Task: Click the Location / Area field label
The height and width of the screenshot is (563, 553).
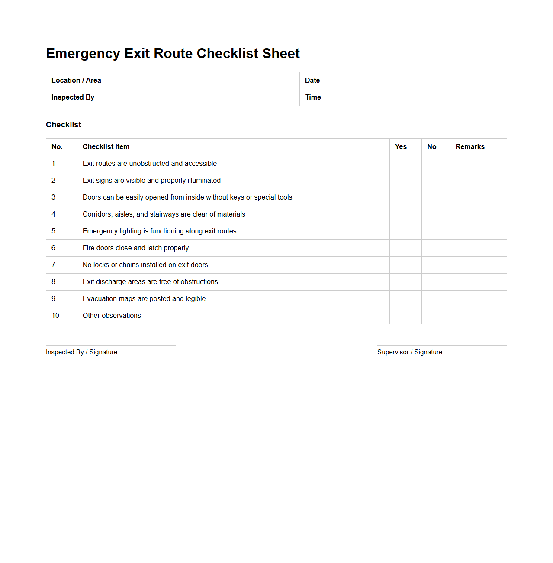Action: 76,81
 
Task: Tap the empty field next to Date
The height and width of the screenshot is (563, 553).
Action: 449,81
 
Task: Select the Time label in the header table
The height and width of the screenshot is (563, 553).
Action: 313,97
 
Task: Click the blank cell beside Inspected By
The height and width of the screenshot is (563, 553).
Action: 241,97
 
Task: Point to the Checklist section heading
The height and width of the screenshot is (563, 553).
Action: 64,125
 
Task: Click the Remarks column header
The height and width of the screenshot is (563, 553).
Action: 470,147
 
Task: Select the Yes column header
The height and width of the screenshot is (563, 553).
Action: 401,147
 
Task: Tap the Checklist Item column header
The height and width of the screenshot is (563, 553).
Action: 106,147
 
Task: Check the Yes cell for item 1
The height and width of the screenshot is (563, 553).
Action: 405,164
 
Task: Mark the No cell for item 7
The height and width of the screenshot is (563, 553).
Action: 436,265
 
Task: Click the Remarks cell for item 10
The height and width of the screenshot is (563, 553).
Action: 478,316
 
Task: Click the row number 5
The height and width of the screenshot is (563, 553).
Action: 54,231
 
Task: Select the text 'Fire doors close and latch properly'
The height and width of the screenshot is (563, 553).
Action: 135,248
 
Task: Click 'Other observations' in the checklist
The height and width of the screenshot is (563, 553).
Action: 112,316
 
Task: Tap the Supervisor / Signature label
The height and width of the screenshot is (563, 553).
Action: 410,352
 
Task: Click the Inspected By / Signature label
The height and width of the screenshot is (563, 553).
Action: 81,352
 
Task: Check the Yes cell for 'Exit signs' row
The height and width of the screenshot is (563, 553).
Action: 405,181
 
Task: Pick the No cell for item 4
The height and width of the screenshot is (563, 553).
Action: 436,214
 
